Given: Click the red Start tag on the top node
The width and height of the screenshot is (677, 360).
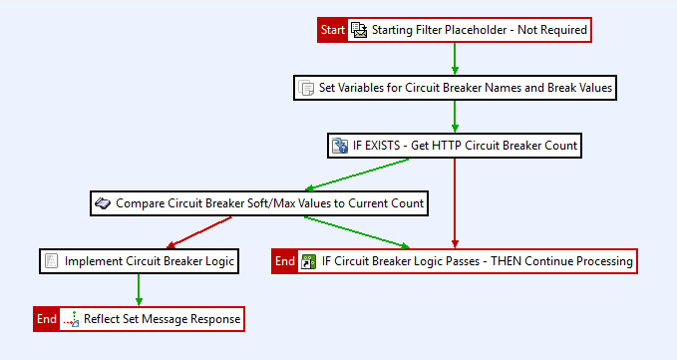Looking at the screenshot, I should pos(333,30).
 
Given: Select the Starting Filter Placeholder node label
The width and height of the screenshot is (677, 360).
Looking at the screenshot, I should pos(479,30).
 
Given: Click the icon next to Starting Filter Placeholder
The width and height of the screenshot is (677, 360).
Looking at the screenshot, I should pos(359,30).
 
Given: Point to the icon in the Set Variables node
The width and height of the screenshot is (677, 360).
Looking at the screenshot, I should pos(307,88).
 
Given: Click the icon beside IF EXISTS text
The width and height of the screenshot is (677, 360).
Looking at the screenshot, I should pos(340,146).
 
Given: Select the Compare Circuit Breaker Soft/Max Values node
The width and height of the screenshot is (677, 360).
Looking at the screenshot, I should pos(270,203).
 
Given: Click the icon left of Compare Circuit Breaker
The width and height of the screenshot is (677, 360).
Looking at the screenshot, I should pos(103,203).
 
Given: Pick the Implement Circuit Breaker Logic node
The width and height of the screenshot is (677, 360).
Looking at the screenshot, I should pos(149,261).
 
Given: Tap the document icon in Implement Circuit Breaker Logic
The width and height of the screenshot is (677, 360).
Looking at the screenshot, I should pos(52,261).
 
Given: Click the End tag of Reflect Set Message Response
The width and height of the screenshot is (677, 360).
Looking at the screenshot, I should pos(47,319).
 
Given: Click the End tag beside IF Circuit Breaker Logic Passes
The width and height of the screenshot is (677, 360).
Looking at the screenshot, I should pos(285,261).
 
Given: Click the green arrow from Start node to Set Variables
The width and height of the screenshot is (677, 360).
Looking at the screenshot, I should pos(455,59).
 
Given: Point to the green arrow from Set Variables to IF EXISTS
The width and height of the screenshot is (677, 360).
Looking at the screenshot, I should pos(455,117).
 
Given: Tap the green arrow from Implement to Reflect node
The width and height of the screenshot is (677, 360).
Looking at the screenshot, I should pos(139,290).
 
